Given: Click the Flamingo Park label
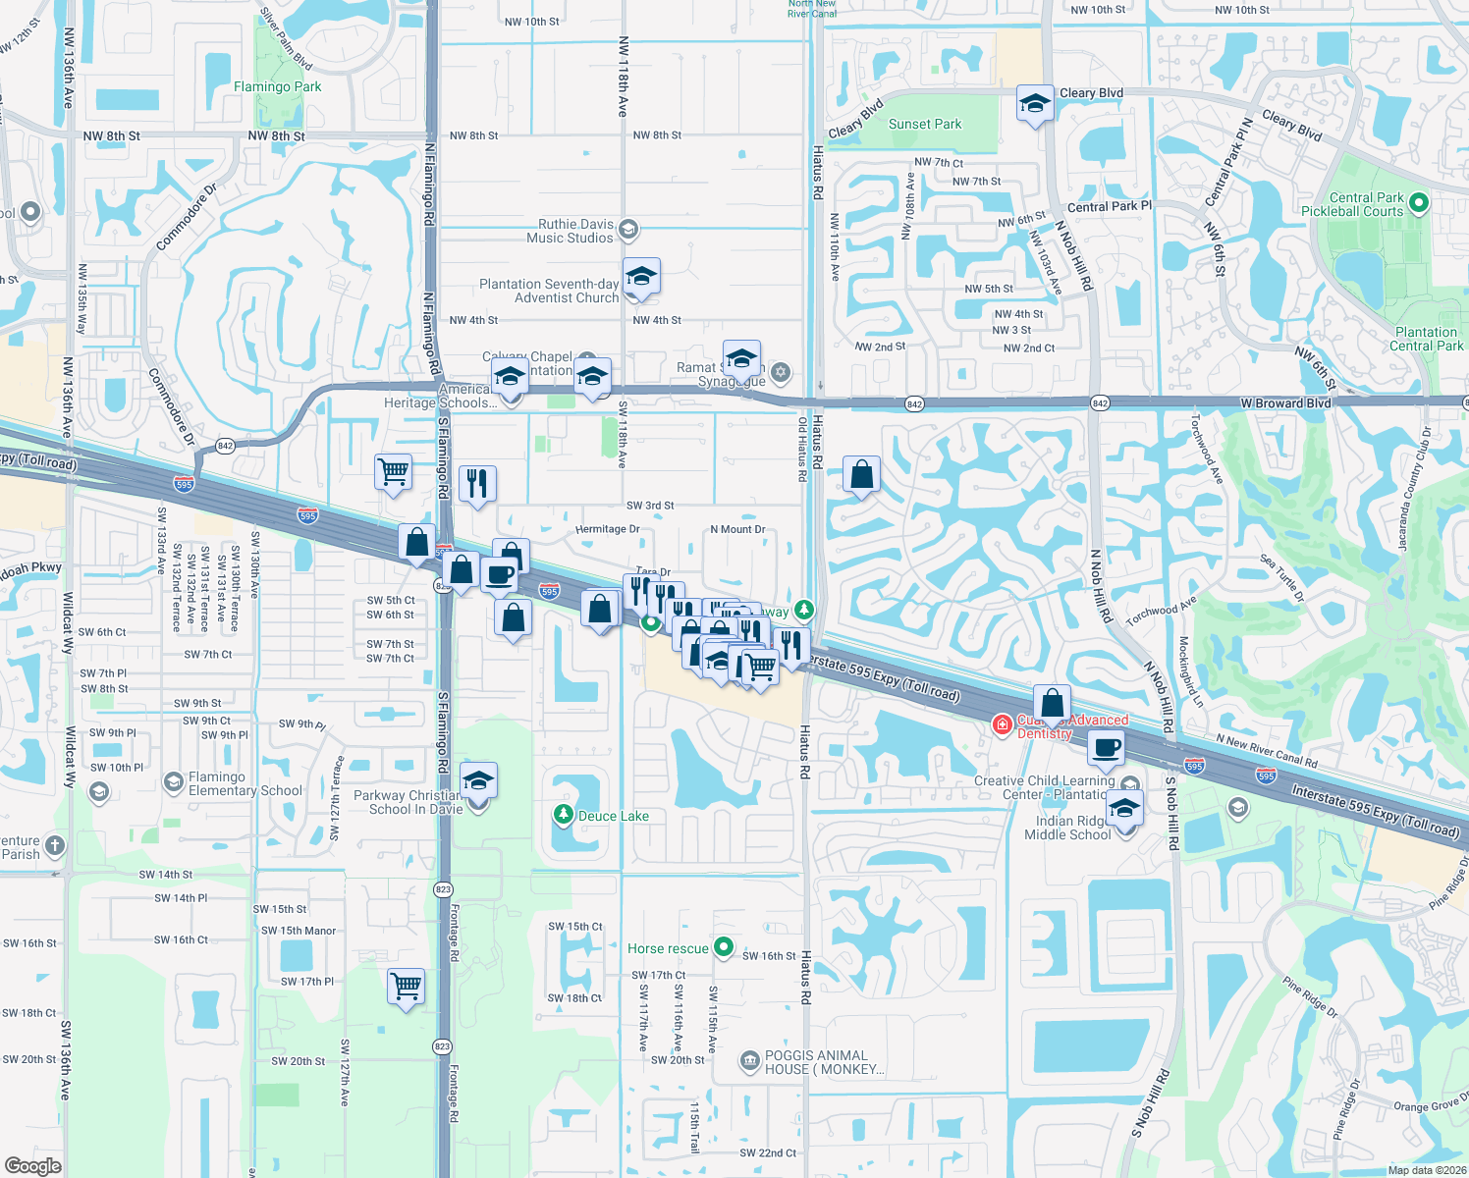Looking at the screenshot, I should (x=277, y=86).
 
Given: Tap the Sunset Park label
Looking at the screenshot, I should (x=924, y=124).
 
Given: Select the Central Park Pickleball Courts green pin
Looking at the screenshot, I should (x=1418, y=203).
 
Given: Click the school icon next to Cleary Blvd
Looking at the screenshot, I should (x=1034, y=103).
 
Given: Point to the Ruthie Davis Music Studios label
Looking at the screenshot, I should (x=575, y=231).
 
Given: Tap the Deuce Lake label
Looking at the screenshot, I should (x=613, y=816).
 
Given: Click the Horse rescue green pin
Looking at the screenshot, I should (x=724, y=947).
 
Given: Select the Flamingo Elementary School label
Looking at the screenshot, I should (x=245, y=783).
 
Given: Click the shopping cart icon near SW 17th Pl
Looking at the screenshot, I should (x=406, y=985).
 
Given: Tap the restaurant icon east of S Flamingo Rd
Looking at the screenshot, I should (x=477, y=484).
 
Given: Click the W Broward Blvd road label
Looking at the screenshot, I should (x=1285, y=403).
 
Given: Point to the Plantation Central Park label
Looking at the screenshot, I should (x=1426, y=339).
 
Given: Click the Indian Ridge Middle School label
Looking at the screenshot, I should (x=1067, y=828).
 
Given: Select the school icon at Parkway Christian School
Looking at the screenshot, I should (x=478, y=781).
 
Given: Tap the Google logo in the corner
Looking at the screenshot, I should (x=32, y=1165).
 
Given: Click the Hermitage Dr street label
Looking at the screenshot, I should (x=607, y=529).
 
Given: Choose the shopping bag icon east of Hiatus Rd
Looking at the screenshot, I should (x=861, y=475).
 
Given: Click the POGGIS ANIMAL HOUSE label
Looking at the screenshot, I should (x=824, y=1062).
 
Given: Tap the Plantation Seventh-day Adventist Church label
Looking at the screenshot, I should (x=549, y=291).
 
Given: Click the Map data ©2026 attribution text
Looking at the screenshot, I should (x=1426, y=1170).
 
